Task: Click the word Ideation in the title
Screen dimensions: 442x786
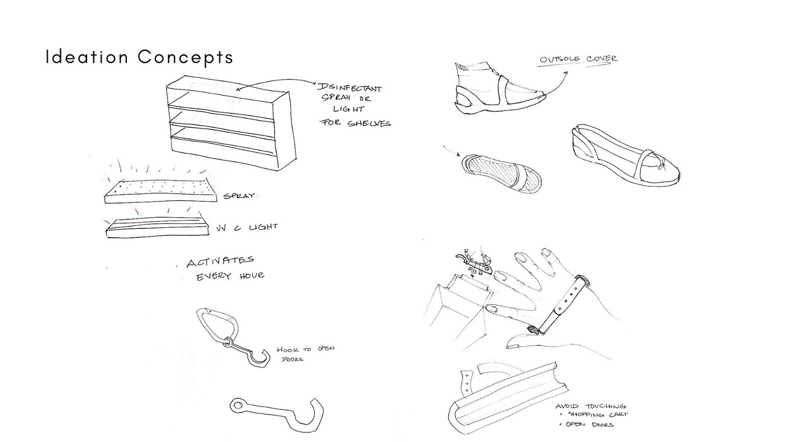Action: pos(89,57)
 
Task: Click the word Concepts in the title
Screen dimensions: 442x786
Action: pos(185,57)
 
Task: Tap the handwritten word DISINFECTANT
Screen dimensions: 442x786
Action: pos(349,88)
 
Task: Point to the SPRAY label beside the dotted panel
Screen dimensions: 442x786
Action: pos(239,196)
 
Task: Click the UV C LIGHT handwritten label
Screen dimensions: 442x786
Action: pos(247,228)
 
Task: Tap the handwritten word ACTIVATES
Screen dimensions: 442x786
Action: pos(220,261)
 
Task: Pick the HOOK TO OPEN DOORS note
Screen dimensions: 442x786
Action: pos(305,353)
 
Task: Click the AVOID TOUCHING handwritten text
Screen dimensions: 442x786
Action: pos(591,406)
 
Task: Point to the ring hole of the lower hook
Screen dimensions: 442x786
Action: pos(239,404)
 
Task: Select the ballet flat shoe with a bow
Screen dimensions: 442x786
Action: pos(623,154)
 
